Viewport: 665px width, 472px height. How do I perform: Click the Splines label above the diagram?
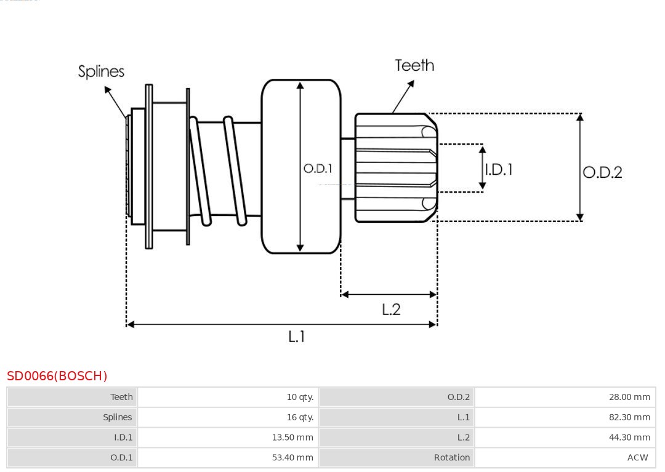101,71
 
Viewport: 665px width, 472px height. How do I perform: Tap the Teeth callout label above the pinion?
414,65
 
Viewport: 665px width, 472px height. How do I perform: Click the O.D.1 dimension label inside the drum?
318,168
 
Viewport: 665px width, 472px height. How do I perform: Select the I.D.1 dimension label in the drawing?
499,169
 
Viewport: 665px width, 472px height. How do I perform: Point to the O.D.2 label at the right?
602,172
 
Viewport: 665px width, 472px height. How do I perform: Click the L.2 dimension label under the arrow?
391,310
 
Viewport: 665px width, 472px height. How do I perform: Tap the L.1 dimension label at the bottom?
296,337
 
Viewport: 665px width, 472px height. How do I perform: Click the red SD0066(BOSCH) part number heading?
57,376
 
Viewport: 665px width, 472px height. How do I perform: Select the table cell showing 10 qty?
300,397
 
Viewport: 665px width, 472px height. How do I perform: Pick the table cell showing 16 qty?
300,417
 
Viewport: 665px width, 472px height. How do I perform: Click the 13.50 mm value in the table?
292,438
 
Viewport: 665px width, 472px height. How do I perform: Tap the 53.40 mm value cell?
292,458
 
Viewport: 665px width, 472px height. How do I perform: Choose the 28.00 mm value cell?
629,397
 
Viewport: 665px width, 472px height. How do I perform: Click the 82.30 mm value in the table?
629,417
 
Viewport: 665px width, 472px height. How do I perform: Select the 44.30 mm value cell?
629,438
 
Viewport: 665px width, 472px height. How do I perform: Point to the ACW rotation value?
637,458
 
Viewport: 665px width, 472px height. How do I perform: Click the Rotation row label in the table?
451,458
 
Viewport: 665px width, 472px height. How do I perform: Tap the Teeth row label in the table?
121,397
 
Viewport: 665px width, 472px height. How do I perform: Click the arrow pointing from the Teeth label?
403,97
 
